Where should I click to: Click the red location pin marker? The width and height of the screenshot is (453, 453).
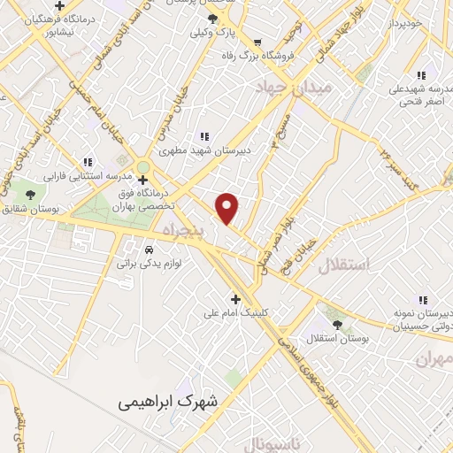pyautogui.click(x=228, y=209)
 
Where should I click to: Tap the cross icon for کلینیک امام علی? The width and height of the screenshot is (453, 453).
pyautogui.click(x=235, y=298)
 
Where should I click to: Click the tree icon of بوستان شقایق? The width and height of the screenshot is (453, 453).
pyautogui.click(x=32, y=194)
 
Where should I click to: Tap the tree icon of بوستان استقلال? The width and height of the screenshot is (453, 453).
pyautogui.click(x=333, y=324)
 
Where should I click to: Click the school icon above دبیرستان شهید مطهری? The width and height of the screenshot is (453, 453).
pyautogui.click(x=204, y=135)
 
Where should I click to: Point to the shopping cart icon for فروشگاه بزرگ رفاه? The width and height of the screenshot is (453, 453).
pyautogui.click(x=257, y=42)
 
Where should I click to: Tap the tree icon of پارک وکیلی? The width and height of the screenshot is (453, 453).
pyautogui.click(x=212, y=19)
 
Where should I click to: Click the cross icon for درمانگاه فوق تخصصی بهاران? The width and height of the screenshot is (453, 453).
pyautogui.click(x=143, y=179)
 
